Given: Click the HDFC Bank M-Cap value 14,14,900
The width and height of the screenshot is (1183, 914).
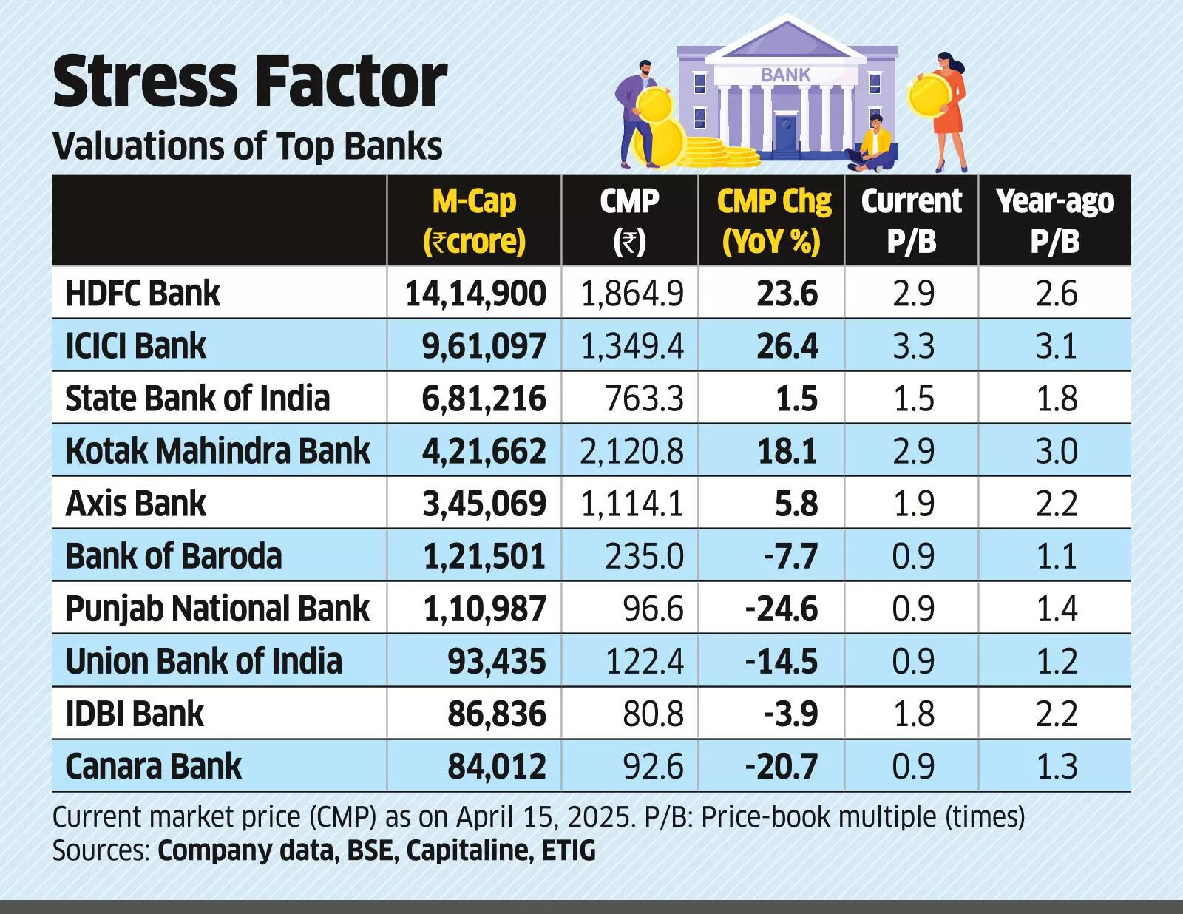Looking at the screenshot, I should coord(475,294).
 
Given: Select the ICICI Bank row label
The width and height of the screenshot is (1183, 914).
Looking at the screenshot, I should coord(135,346).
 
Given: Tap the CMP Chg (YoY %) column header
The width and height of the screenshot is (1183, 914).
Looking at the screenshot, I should coord(773,220).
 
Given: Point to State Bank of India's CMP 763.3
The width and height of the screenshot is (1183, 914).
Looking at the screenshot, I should coord(644,399).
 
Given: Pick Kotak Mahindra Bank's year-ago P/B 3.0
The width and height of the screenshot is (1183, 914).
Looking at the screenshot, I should coord(1056,451).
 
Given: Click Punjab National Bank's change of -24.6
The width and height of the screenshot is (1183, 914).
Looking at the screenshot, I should coord(782,609).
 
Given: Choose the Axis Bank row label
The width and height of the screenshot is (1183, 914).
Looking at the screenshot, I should coord(135,504).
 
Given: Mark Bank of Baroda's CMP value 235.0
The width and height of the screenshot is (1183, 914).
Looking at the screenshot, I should coord(644,556).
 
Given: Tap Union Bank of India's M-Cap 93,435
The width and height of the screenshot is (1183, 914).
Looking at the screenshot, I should coord(496,661).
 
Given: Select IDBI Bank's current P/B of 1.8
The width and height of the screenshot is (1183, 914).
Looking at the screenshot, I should coord(913,714).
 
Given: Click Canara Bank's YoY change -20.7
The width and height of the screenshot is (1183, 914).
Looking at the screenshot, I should coord(782,766).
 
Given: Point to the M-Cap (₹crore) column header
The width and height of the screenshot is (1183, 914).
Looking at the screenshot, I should coord(474,220).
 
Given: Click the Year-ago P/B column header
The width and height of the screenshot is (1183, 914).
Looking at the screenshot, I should coord(1055,220).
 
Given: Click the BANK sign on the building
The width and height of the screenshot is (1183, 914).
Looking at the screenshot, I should coord(785,75).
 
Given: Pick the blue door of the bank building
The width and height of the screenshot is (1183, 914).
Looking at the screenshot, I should coord(786,133).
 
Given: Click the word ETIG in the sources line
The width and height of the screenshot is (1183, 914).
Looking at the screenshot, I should coord(568,850).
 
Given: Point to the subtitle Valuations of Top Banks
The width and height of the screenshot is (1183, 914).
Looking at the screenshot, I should coord(248,146).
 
